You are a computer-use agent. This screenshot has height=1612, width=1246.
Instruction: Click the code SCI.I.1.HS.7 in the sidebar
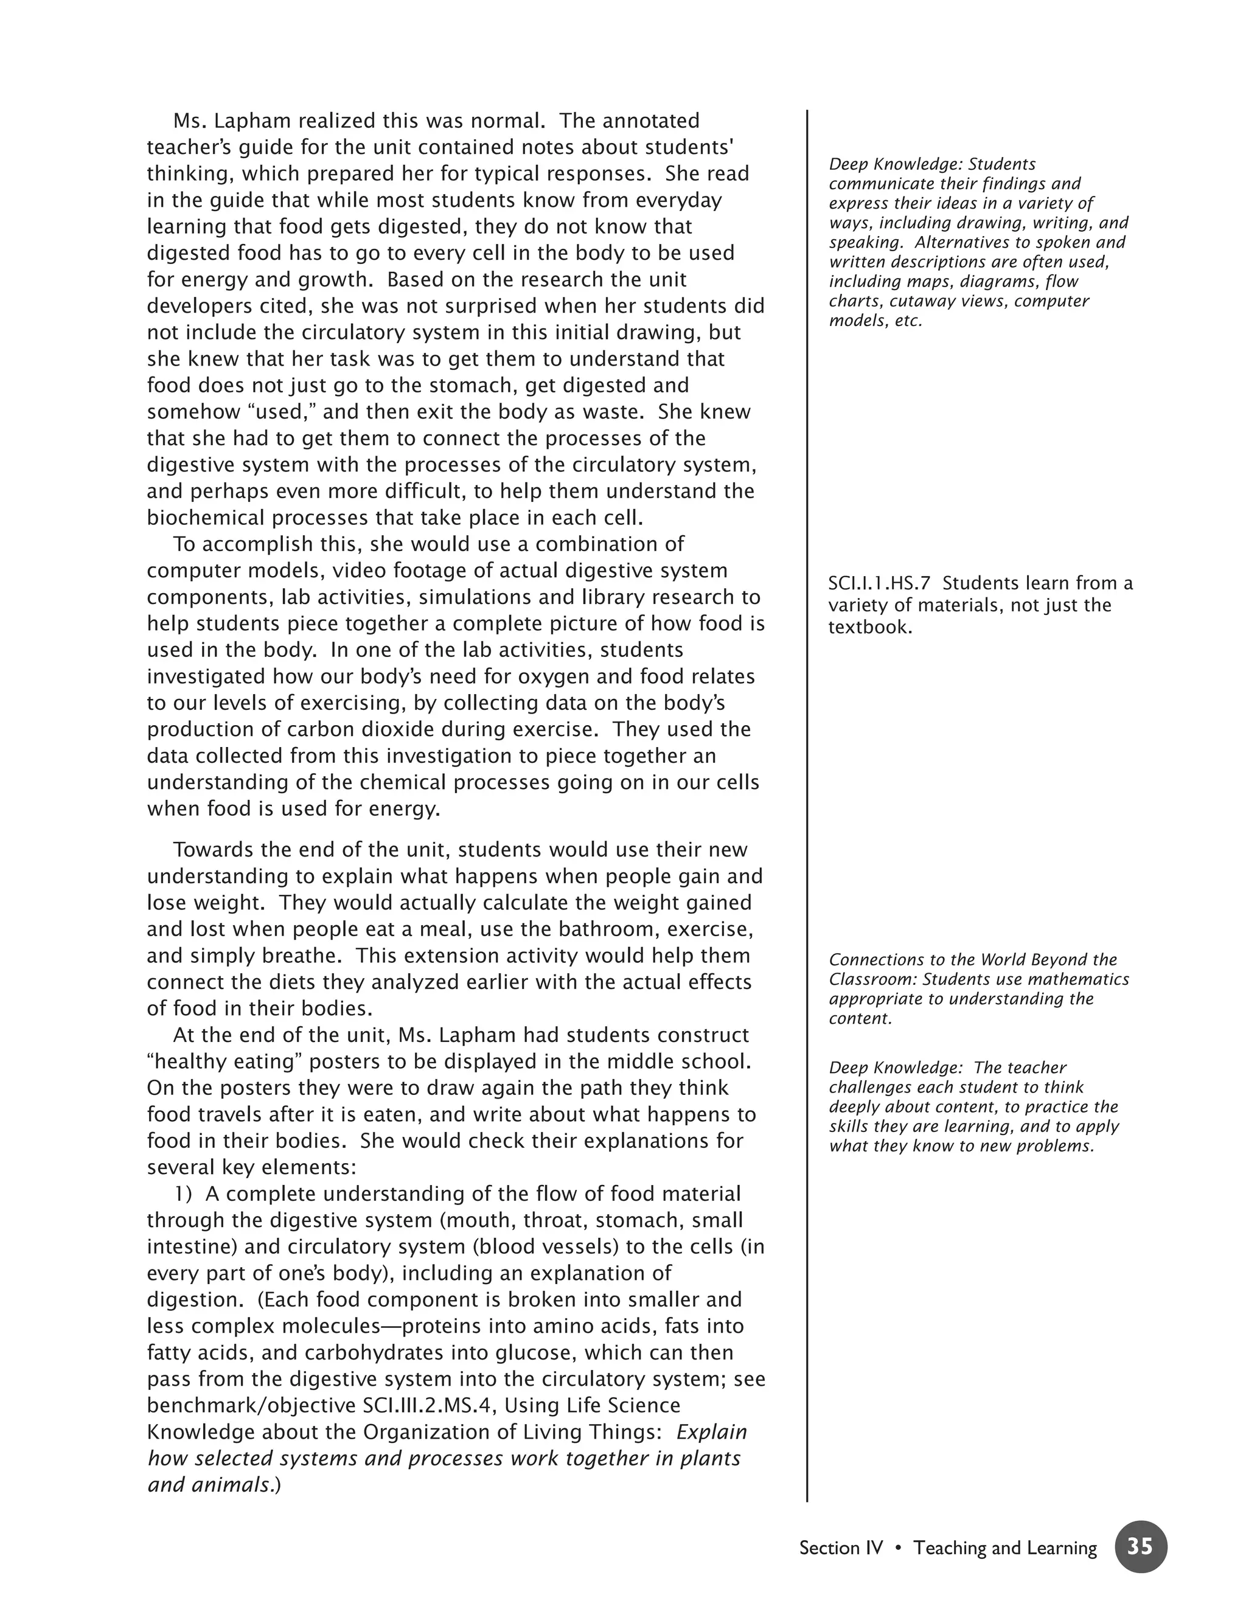click(x=879, y=583)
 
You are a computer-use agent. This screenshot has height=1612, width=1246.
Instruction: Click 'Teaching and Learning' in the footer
click(x=1004, y=1548)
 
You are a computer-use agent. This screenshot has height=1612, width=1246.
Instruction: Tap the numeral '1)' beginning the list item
click(x=184, y=1194)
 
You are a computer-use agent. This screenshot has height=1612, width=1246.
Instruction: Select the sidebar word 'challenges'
click(x=868, y=1087)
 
